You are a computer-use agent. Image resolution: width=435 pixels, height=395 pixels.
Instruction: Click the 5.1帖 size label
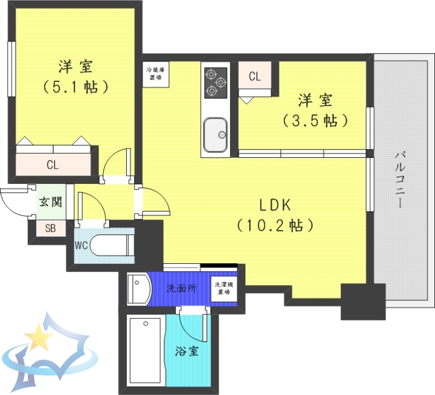(76, 87)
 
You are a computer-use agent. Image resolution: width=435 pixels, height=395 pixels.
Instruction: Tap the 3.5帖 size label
(315, 120)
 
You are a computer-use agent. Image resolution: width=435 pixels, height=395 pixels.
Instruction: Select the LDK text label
(276, 205)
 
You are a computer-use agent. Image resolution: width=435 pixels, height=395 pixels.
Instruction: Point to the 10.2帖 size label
(276, 224)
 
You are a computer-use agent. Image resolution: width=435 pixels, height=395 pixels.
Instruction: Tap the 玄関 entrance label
(49, 202)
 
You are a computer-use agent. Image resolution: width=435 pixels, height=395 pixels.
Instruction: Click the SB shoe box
(50, 229)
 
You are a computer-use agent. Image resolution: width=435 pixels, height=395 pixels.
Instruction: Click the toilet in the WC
(111, 245)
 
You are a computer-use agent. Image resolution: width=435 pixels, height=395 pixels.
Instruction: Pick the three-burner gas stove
(215, 83)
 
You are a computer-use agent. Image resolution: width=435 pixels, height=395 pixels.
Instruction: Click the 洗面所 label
(182, 288)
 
